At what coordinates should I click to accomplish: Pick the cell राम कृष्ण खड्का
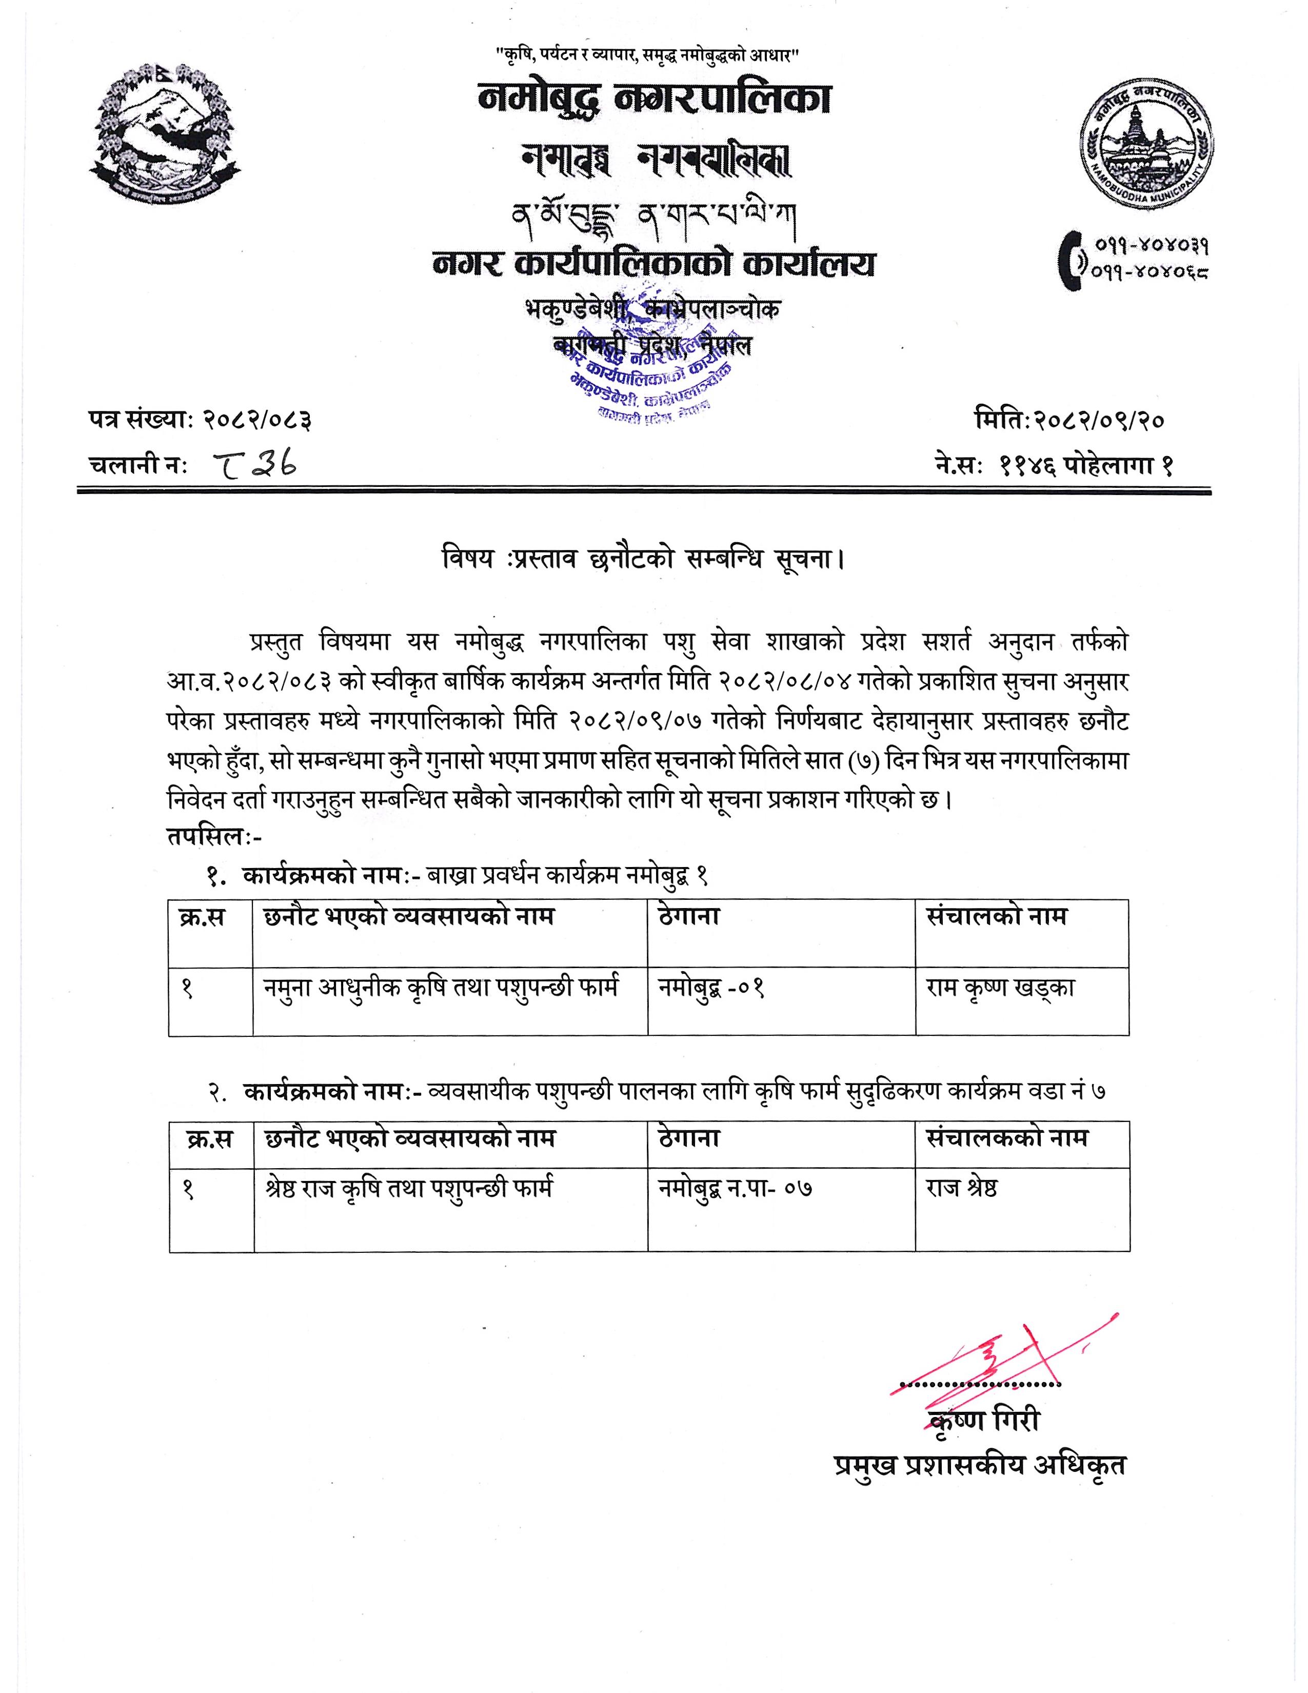point(1000,989)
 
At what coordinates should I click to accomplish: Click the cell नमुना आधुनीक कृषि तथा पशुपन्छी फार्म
point(442,989)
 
